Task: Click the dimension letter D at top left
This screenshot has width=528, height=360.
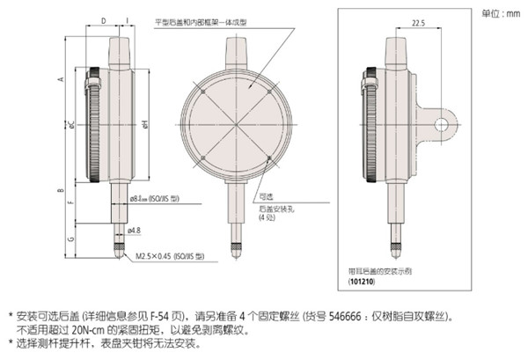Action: (103, 18)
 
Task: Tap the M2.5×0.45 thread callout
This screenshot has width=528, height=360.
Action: (169, 256)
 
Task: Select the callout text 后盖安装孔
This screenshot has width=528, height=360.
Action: (275, 209)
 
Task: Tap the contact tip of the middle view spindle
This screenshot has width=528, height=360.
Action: (238, 252)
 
